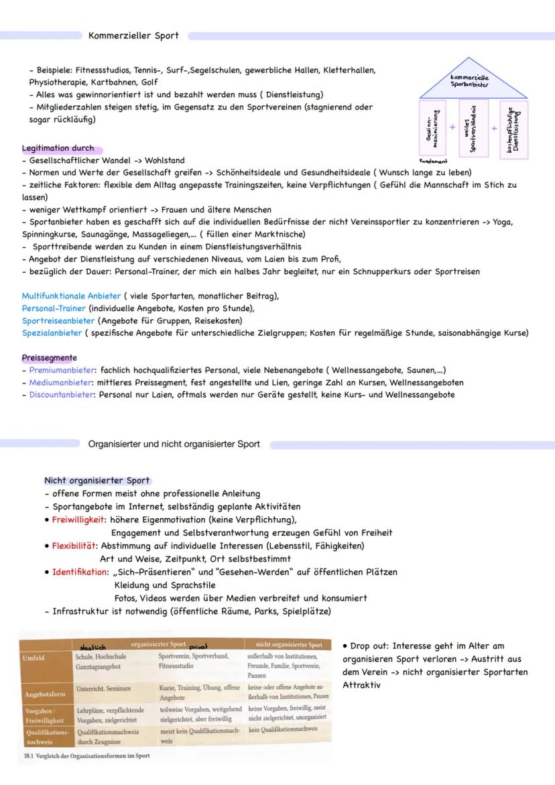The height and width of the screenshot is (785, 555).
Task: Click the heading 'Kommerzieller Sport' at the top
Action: (133, 36)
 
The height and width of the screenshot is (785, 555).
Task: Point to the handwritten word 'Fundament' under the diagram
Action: (433, 162)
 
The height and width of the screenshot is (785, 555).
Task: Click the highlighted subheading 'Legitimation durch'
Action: (58, 149)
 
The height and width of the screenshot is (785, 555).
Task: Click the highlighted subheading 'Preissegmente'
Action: (49, 358)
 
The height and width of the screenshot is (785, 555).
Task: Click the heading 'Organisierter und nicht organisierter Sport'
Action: (174, 444)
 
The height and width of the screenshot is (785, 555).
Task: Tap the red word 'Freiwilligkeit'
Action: (79, 519)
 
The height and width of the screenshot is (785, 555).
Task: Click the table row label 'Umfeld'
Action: (36, 659)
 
